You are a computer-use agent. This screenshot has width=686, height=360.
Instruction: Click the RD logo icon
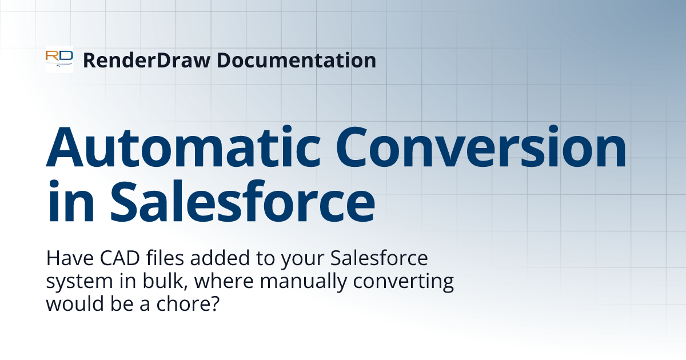coord(59,59)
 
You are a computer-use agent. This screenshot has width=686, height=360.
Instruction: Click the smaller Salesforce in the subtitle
coord(379,259)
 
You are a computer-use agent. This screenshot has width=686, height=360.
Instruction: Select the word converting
coord(400,282)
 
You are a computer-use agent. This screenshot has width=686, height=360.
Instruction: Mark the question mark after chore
coord(214,303)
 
